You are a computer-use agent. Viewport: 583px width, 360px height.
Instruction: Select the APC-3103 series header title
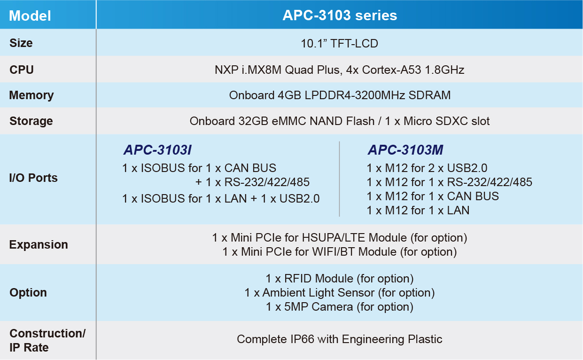click(x=340, y=15)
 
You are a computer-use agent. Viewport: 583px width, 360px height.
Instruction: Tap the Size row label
click(x=21, y=43)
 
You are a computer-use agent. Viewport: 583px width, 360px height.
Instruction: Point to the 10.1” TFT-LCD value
click(x=339, y=43)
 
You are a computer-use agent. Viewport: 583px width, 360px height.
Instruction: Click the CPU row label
click(x=22, y=70)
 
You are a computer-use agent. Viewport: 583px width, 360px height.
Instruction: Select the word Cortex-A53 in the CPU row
click(x=391, y=70)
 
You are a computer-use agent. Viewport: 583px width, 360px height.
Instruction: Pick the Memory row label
click(x=31, y=95)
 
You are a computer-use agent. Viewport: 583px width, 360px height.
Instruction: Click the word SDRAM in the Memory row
click(x=429, y=95)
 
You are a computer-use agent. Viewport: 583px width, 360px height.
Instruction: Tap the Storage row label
click(x=31, y=121)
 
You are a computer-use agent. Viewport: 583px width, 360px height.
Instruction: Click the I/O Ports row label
click(x=33, y=178)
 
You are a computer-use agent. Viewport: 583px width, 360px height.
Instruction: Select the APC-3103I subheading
click(x=158, y=149)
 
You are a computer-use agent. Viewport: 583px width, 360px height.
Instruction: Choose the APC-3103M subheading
click(x=405, y=149)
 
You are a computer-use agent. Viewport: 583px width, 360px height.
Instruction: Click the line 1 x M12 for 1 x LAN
click(x=418, y=211)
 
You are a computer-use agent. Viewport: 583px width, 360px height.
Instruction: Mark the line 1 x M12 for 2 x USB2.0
click(x=427, y=168)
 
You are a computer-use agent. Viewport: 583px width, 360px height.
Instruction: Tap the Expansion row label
click(x=39, y=245)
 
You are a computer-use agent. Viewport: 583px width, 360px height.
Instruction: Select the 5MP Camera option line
click(x=340, y=306)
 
